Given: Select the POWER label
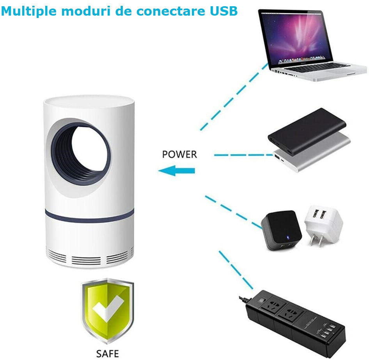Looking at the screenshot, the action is (179, 154).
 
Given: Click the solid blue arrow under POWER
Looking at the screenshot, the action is (176, 170).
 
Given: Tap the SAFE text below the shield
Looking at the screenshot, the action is (108, 353).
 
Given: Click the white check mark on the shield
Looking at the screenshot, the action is (108, 308).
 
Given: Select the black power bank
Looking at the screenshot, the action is (307, 131).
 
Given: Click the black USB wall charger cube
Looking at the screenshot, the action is (281, 230).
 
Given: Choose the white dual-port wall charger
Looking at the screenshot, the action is (323, 225).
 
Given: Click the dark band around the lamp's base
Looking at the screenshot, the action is (89, 217).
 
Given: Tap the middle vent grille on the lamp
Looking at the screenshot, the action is (86, 261).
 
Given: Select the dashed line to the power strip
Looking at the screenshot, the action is (236, 270).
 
